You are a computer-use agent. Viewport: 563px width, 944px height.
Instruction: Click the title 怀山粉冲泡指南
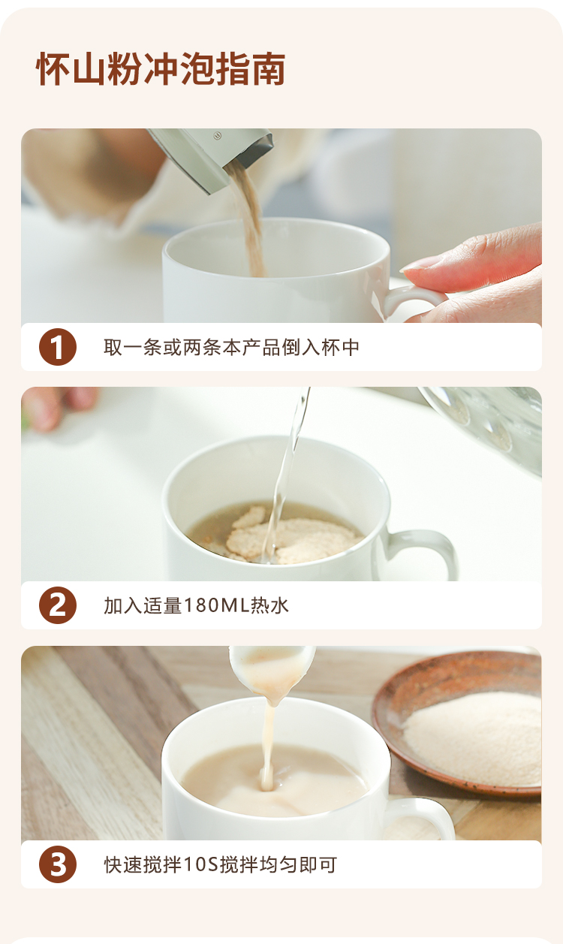[161, 69]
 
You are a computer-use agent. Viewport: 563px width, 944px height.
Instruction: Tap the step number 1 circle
[58, 347]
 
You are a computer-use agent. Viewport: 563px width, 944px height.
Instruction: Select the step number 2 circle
[58, 605]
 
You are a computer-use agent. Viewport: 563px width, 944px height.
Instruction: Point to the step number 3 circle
[58, 864]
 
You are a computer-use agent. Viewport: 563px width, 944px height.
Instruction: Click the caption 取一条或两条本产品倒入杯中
[232, 347]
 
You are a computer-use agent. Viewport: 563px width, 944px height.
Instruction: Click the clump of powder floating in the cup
[291, 535]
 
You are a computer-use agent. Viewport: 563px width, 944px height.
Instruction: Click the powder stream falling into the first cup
[249, 219]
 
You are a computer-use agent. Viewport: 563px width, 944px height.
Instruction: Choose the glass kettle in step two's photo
[484, 426]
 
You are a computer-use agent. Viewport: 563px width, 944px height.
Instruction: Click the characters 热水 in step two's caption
[269, 605]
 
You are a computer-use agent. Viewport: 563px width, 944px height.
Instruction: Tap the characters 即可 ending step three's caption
[318, 864]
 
